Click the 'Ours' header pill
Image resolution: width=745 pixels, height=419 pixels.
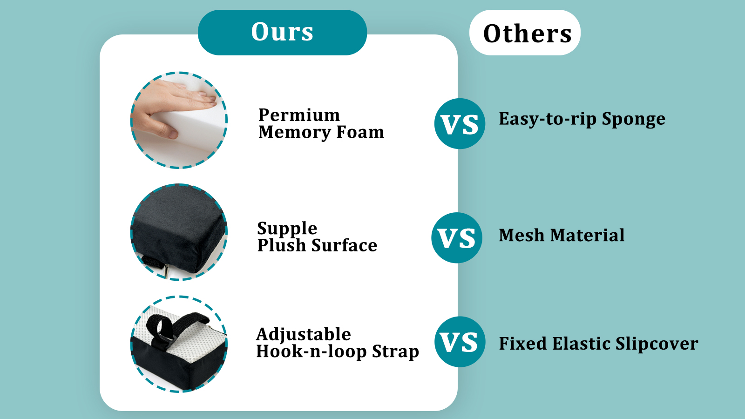(x=282, y=32)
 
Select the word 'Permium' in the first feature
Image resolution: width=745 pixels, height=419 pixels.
(x=299, y=115)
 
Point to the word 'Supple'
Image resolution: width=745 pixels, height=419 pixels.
(x=287, y=229)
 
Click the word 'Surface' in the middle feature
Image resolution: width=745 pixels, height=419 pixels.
(x=344, y=245)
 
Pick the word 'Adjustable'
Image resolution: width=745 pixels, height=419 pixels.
(x=304, y=335)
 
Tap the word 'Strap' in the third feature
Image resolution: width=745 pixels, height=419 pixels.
(x=395, y=352)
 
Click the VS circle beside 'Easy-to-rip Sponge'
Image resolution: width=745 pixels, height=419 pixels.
(x=460, y=124)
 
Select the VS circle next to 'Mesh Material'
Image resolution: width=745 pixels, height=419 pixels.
(x=457, y=238)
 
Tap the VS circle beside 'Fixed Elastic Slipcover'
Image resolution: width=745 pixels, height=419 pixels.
(x=460, y=342)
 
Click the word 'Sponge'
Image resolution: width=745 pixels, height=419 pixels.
(x=634, y=120)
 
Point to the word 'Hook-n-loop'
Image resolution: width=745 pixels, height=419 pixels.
(x=312, y=352)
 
